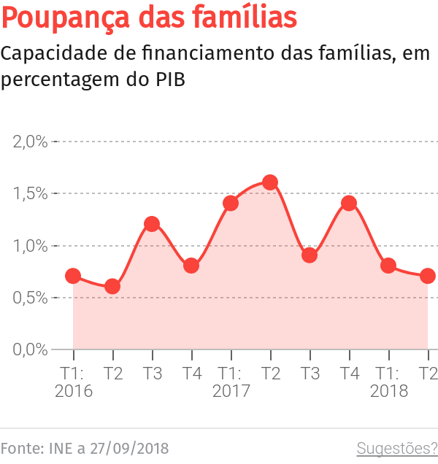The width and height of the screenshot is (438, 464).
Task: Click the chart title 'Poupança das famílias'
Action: (x=150, y=19)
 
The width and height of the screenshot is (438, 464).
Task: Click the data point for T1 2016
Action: (x=73, y=276)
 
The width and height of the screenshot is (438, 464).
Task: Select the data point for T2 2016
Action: (x=112, y=286)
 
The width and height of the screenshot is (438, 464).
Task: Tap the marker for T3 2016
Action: (x=152, y=224)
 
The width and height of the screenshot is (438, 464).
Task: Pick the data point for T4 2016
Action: (x=191, y=266)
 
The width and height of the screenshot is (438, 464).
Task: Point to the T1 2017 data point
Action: (x=231, y=203)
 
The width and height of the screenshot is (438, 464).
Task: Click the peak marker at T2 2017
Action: (x=270, y=182)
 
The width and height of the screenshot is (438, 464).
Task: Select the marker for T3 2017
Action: (x=310, y=255)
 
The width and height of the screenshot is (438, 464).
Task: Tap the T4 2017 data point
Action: (x=349, y=203)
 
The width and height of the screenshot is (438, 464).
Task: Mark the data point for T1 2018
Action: (x=388, y=266)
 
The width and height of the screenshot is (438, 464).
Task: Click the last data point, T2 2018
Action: (x=428, y=276)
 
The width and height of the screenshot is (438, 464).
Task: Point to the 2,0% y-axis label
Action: (x=31, y=142)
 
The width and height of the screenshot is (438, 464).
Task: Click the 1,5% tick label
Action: (x=31, y=193)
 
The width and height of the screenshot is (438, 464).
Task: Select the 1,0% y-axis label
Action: (x=31, y=245)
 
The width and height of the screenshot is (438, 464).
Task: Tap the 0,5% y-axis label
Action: (x=31, y=297)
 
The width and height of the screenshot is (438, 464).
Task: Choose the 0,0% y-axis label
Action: (x=31, y=349)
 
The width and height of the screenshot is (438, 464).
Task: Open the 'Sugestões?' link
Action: (x=396, y=447)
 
